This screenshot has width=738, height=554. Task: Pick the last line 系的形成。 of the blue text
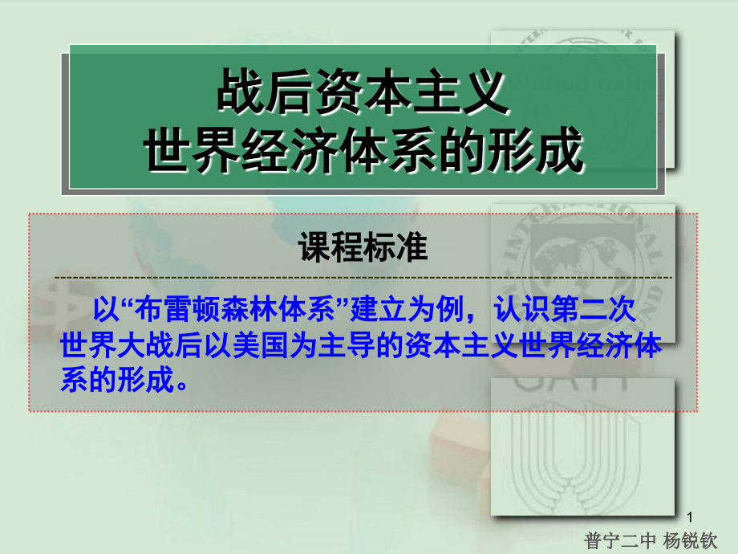pos(128,379)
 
